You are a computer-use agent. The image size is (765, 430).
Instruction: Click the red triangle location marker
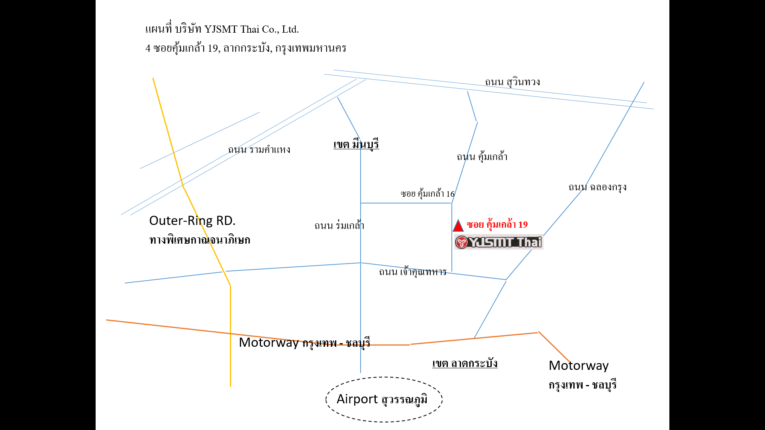pos(458,226)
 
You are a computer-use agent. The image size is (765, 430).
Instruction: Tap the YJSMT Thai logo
pos(499,242)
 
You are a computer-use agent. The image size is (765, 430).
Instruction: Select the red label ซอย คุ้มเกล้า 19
pos(497,225)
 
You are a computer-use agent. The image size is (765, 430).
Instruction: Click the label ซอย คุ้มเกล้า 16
pos(428,194)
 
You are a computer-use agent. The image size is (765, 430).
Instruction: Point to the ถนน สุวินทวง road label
pos(512,82)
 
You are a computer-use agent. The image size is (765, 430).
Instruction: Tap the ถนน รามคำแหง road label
pos(259,150)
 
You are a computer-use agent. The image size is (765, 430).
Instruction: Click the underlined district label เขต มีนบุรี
pos(356,144)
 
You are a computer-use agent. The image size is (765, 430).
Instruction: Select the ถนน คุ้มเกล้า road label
pos(482,156)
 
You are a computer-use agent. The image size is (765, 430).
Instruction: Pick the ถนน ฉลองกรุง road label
pos(597,187)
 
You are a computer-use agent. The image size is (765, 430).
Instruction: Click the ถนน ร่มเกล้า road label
pos(339,225)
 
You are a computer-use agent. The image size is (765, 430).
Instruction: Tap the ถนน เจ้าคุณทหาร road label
pos(412,272)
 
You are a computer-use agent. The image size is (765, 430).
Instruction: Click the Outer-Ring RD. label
pos(192,221)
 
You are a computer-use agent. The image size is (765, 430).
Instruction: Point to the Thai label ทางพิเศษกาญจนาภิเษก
pos(200,240)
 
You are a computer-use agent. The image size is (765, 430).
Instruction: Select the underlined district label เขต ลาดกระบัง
pos(465,363)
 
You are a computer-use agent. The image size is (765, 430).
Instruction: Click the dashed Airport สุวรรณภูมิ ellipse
pos(384,377)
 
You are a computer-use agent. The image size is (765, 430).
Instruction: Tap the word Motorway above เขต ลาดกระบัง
pos(269,342)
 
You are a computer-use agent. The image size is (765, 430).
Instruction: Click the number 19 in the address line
pos(213,48)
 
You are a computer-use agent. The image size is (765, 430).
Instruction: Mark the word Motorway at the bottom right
pos(579,365)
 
